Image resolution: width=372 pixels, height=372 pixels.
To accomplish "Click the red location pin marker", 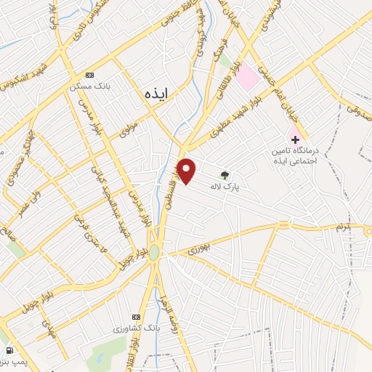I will pyautogui.click(x=187, y=171).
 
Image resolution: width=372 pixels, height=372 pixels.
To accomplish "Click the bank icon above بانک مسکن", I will pyautogui.click(x=89, y=75).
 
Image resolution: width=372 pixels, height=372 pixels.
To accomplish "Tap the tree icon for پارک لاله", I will pyautogui.click(x=225, y=174).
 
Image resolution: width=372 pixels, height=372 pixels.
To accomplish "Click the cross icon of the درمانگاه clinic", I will pyautogui.click(x=296, y=138).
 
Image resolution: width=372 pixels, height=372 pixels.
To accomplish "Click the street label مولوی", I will pyautogui.click(x=128, y=131).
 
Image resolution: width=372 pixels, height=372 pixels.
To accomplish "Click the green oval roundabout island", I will pyautogui.click(x=154, y=253).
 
